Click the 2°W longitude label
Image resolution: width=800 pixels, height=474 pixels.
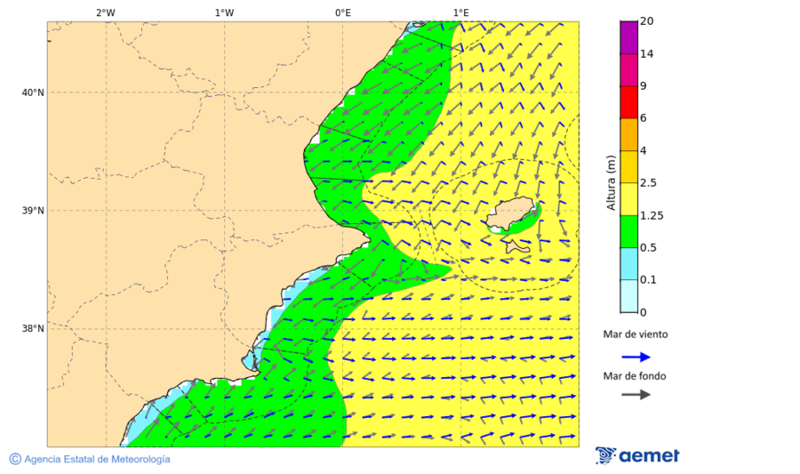[105, 12]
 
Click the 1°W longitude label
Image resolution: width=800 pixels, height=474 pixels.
[224, 12]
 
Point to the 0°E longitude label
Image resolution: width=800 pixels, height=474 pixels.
[342, 12]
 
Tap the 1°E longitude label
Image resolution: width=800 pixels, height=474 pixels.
[460, 12]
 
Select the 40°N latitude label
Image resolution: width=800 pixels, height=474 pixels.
[32, 92]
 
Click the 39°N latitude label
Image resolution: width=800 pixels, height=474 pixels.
[32, 211]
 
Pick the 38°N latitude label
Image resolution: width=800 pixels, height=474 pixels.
[32, 329]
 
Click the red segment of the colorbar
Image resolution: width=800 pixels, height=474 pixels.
[628, 102]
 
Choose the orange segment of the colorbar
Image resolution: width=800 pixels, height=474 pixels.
[628, 134]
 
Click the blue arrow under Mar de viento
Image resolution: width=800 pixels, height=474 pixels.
[636, 357]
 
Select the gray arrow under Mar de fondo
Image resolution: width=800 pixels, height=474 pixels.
[636, 395]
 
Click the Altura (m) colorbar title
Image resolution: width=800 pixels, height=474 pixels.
[611, 182]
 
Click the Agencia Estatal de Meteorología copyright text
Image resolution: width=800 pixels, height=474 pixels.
[96, 459]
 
